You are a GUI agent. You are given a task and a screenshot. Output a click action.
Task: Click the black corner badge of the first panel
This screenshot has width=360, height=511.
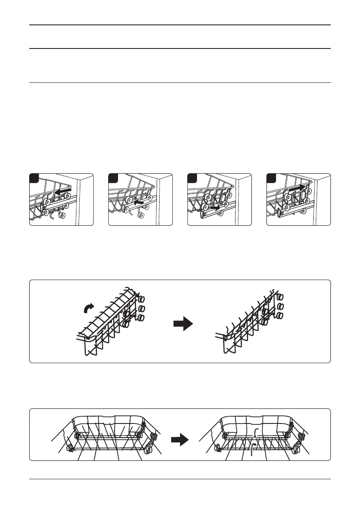[x=33, y=177]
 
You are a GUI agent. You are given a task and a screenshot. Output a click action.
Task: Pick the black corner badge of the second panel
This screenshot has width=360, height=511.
[x=112, y=177]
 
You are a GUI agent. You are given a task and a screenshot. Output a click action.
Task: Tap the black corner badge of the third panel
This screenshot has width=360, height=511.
[x=192, y=177]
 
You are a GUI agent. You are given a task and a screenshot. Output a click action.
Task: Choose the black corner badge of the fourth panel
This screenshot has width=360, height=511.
[x=271, y=177]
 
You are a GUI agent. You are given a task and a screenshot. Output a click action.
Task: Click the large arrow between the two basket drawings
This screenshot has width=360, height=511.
[x=179, y=439]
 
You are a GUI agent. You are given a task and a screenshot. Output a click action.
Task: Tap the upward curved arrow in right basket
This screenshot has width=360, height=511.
[x=254, y=447]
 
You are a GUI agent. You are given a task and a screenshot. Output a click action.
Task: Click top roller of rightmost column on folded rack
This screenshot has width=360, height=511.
[x=281, y=297]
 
